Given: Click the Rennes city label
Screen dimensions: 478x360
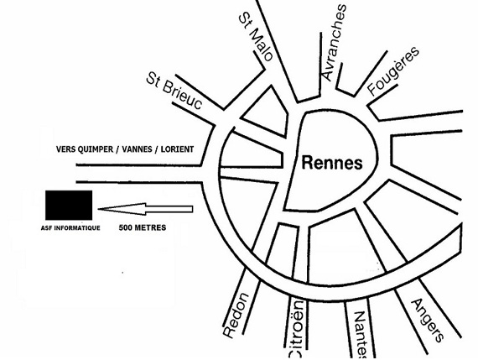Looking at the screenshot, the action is (x=332, y=163).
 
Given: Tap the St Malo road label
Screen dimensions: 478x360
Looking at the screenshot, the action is (x=256, y=37).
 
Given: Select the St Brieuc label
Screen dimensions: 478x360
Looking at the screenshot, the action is (x=174, y=91).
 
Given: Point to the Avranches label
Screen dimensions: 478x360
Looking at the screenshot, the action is (x=334, y=42).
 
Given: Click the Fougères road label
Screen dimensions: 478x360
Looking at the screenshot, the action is (x=393, y=70).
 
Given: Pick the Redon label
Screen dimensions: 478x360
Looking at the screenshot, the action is (x=236, y=316).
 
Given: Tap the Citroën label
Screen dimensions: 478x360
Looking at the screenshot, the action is (x=296, y=329).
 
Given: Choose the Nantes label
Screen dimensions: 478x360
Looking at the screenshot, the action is (x=361, y=334).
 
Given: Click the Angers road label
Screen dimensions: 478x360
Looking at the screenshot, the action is (x=428, y=321).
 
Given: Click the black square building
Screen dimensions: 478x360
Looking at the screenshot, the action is (x=69, y=206).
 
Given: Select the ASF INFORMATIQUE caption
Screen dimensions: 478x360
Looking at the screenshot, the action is (x=70, y=228).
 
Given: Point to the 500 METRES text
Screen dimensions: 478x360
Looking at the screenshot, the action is (x=143, y=227).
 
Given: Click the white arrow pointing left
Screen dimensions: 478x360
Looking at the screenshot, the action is (x=145, y=209).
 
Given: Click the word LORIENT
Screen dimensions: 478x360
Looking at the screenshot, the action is (x=177, y=149).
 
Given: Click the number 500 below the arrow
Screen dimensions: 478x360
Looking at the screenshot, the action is (x=125, y=227).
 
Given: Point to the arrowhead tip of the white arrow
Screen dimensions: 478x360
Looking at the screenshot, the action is (x=98, y=209).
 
